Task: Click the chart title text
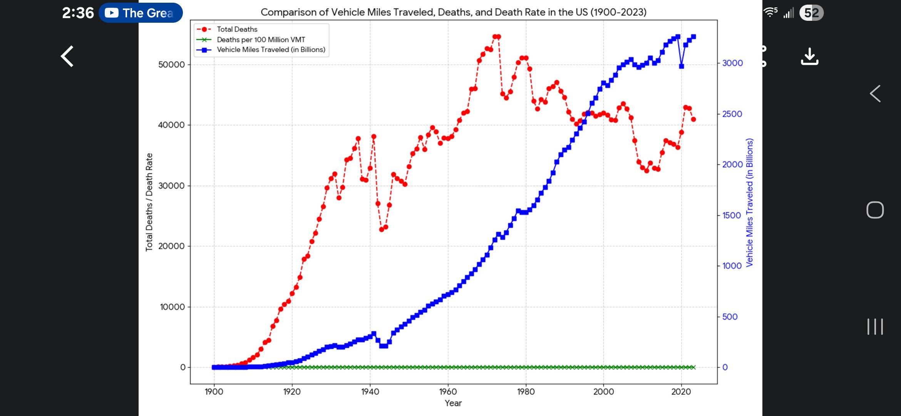tap(453, 12)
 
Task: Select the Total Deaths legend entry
tap(237, 29)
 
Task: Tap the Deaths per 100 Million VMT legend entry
tap(261, 40)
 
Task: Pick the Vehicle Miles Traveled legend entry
tap(271, 50)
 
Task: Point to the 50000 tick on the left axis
tap(171, 65)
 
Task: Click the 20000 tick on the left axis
tap(171, 246)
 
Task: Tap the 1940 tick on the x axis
tap(370, 392)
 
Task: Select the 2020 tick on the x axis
tap(681, 392)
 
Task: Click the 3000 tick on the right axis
tap(732, 63)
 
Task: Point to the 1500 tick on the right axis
tap(731, 215)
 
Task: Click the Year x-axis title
tap(453, 403)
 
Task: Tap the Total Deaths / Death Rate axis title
tap(149, 202)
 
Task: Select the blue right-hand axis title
tap(749, 202)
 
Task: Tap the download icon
tap(809, 57)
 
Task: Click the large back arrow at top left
tap(67, 56)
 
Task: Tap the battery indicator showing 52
tap(811, 13)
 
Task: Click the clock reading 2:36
tap(78, 13)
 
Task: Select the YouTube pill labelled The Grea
tap(141, 13)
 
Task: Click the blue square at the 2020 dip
tap(682, 66)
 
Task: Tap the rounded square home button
tap(875, 210)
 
